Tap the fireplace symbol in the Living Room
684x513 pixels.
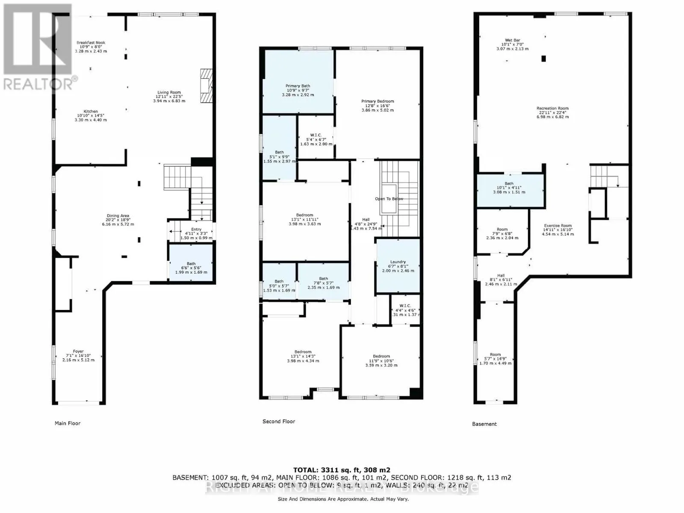[206, 86]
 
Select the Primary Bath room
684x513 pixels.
[298, 88]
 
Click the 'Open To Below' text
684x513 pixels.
[389, 199]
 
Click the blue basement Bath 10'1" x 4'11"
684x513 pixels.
[509, 188]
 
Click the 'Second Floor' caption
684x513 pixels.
[279, 422]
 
